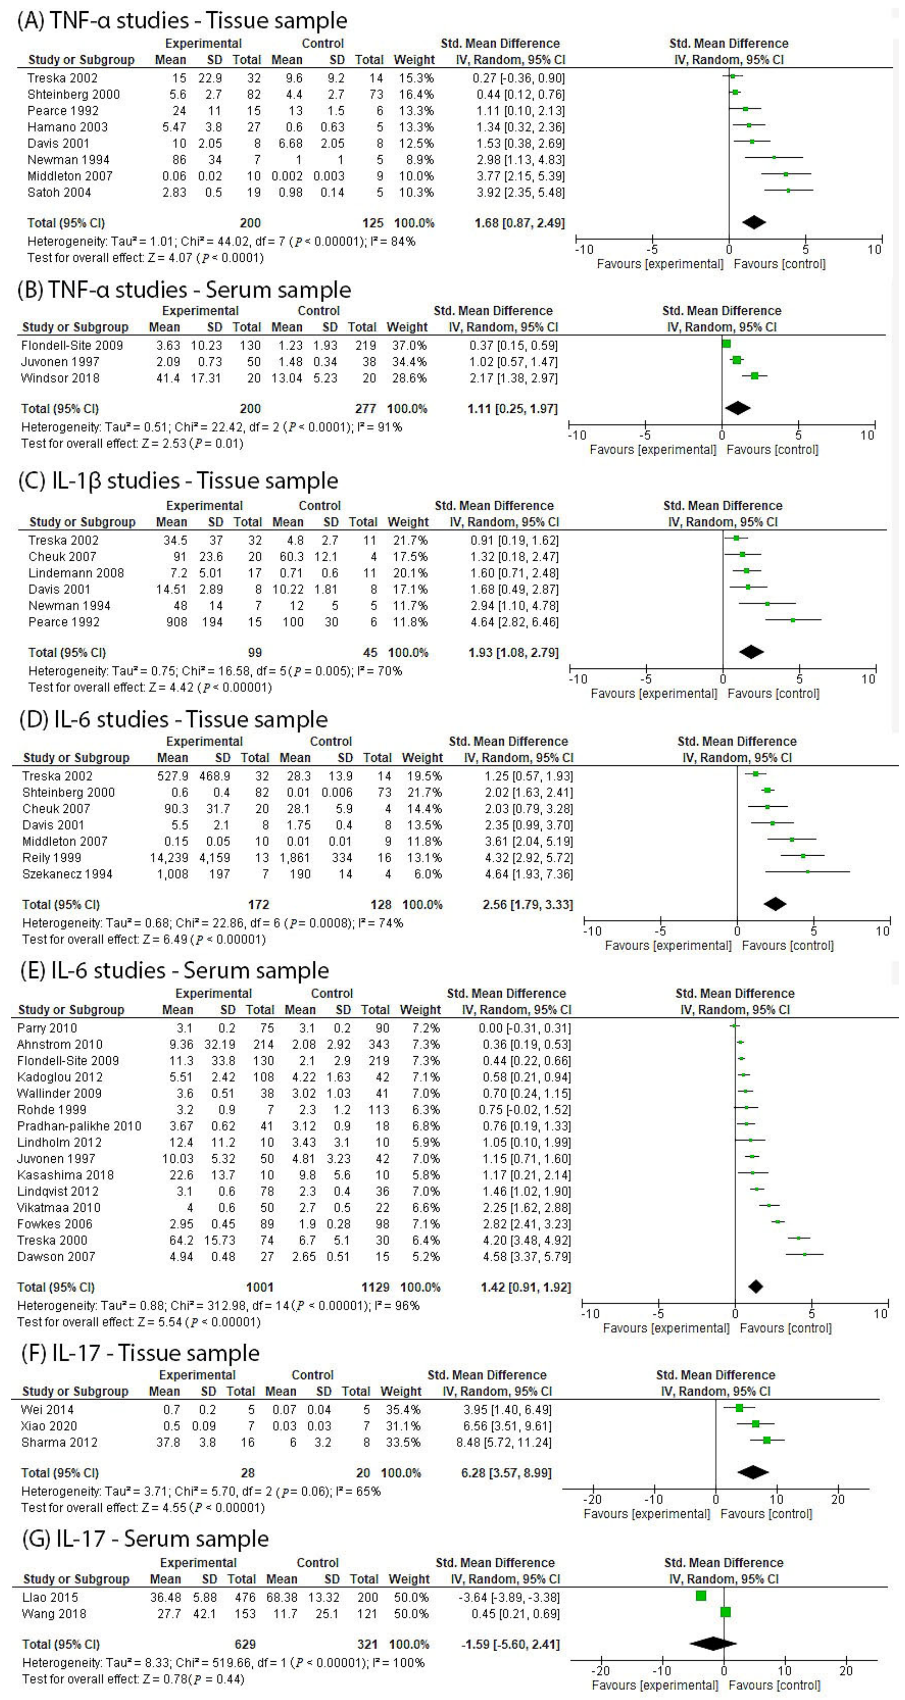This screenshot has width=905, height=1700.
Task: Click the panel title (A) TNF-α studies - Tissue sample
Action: click(x=182, y=21)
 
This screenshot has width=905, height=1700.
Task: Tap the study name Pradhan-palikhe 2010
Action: click(x=79, y=1126)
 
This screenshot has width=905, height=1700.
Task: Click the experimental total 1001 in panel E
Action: click(x=260, y=1287)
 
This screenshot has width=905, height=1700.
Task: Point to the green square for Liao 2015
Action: click(x=701, y=1596)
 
